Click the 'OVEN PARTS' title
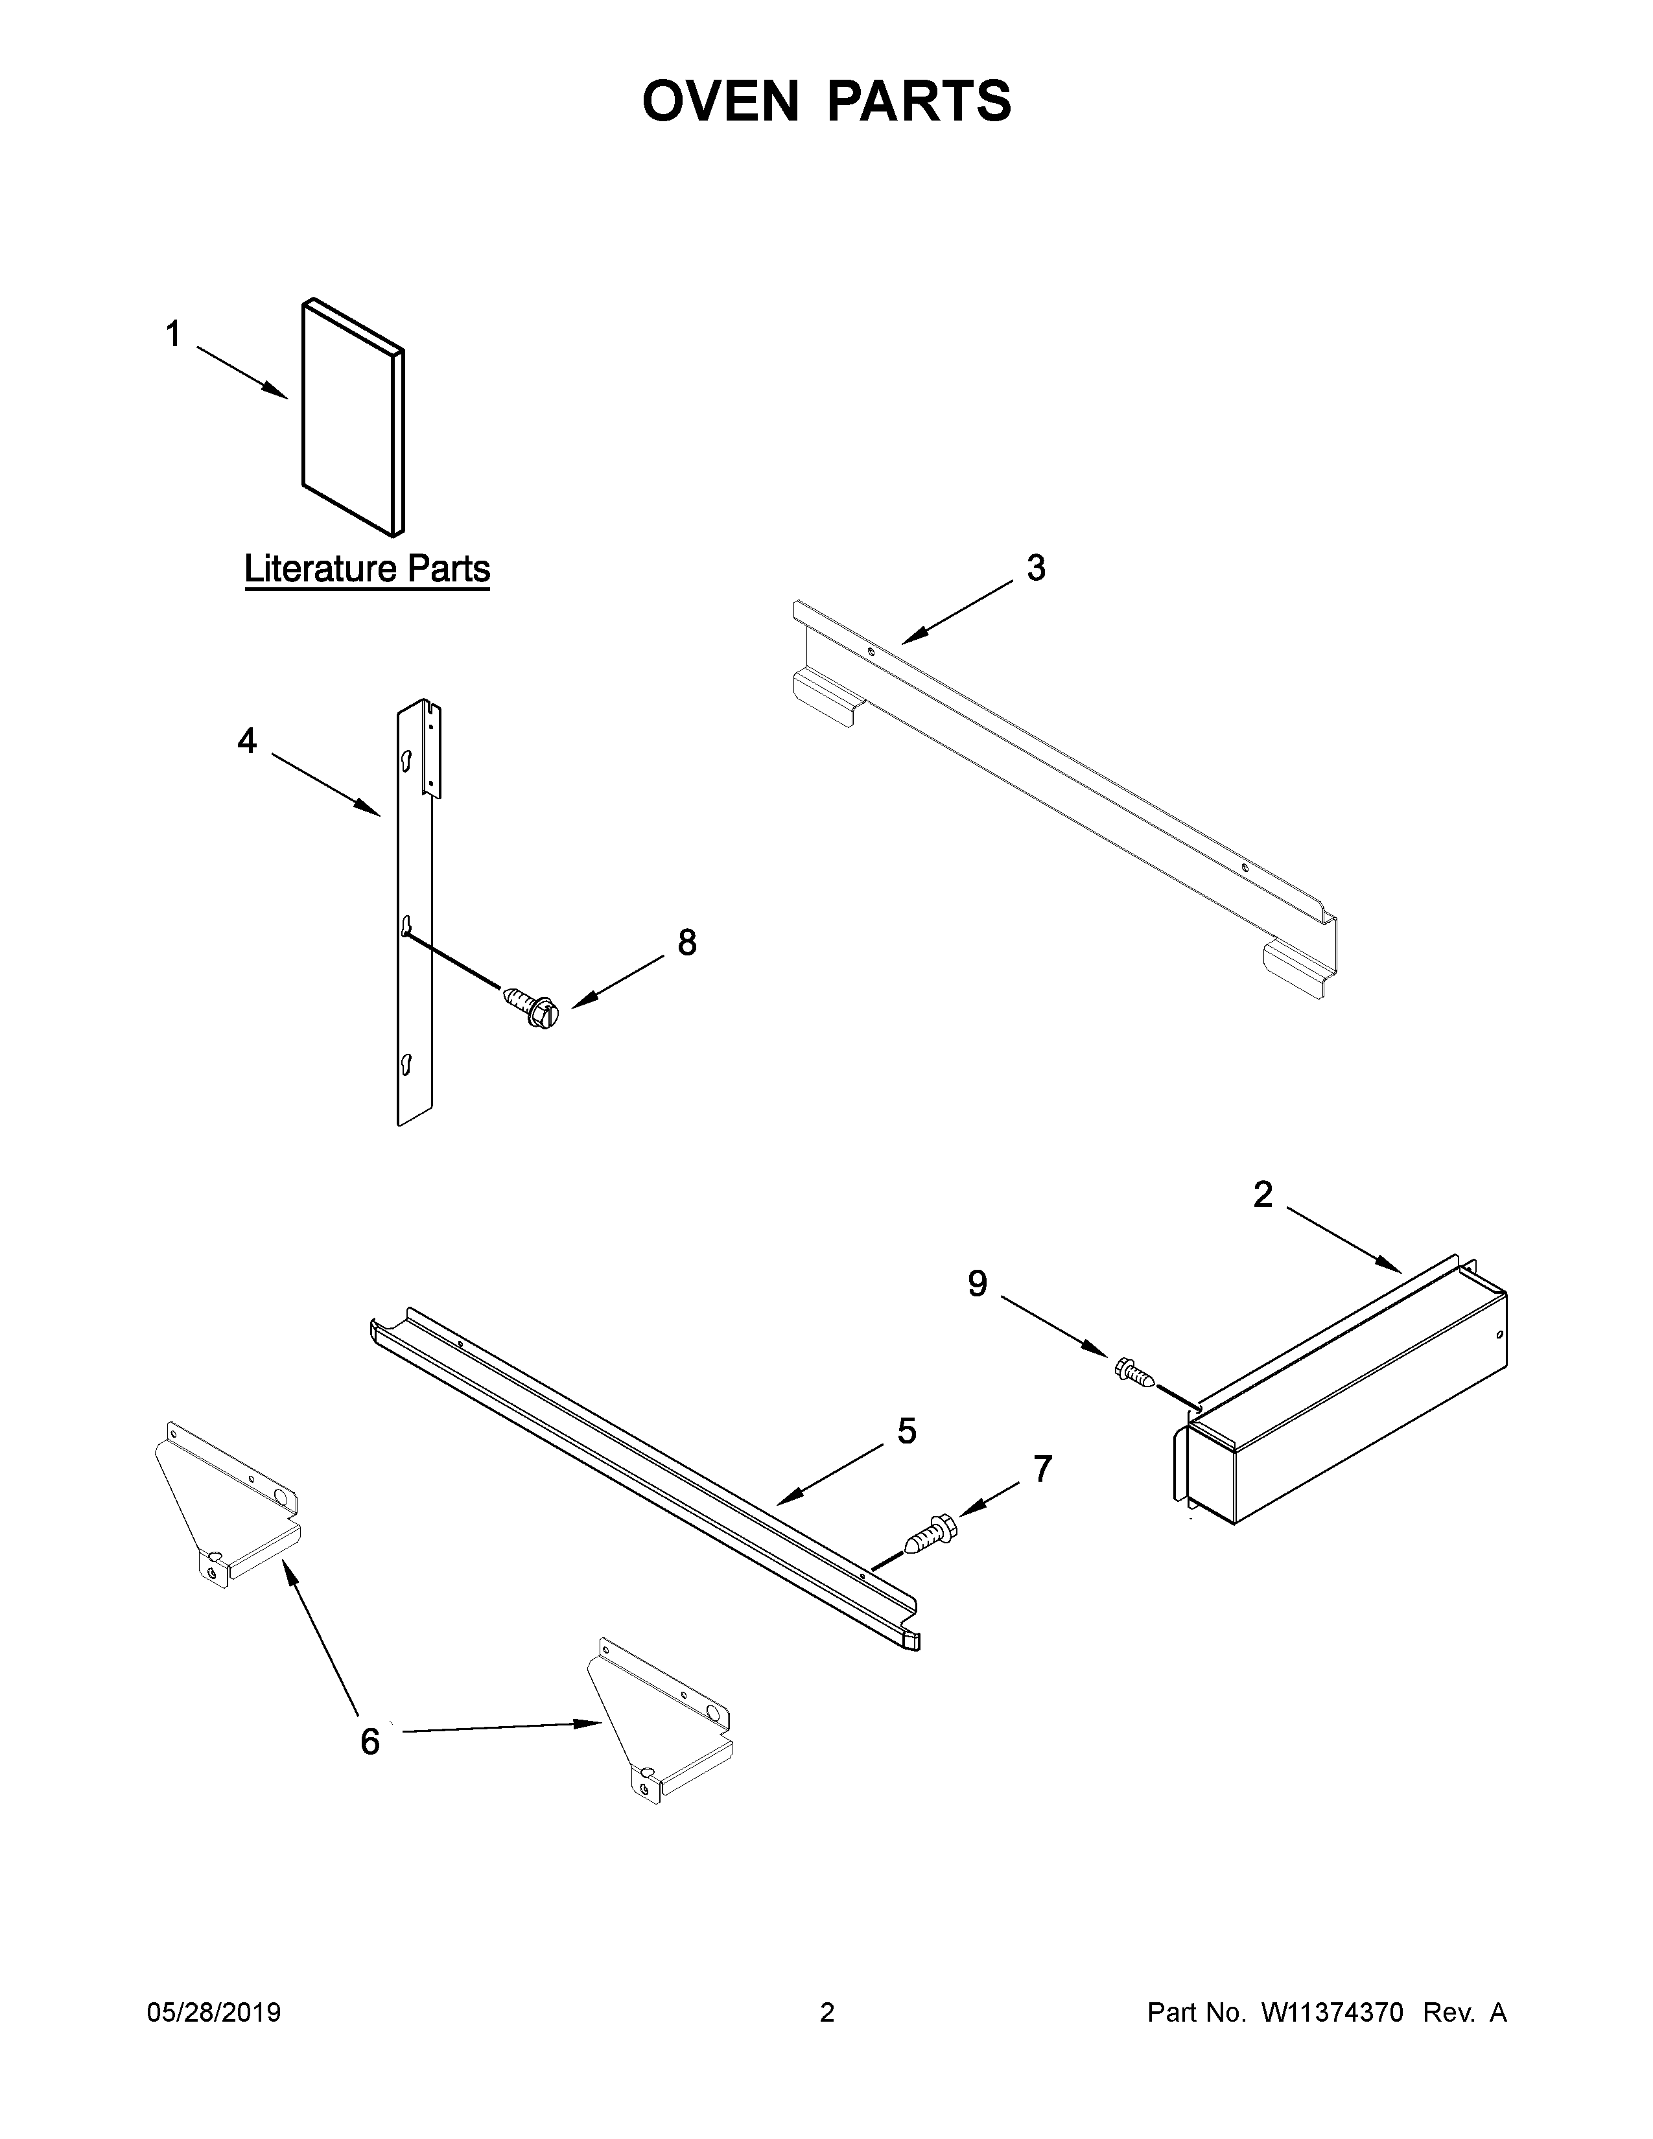(x=826, y=101)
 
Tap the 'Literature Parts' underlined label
(x=367, y=569)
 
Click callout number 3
(x=1035, y=568)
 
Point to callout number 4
(x=247, y=742)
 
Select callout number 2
(x=1263, y=1194)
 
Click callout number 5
(x=907, y=1431)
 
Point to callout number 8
(x=687, y=942)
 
